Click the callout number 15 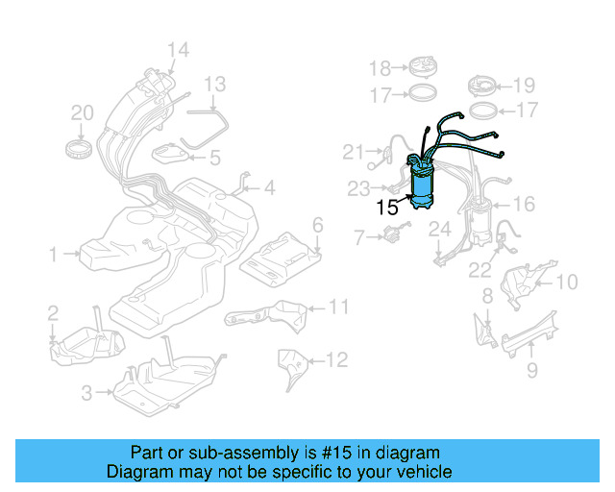[x=386, y=207]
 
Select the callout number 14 [x=178, y=50]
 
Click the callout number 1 [x=54, y=255]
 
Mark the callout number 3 [x=86, y=392]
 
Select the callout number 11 [x=337, y=307]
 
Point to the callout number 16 [x=524, y=204]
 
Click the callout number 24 [x=439, y=229]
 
